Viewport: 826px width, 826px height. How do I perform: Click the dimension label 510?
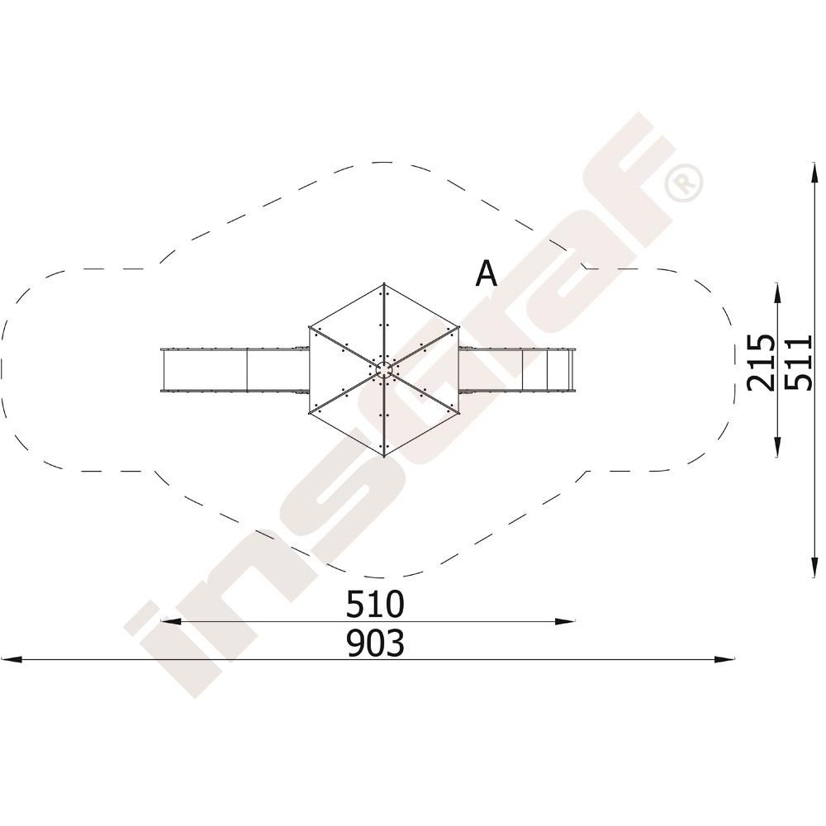click(x=375, y=604)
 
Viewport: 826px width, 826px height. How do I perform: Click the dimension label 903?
click(x=376, y=643)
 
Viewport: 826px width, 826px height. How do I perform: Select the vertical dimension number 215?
click(x=762, y=363)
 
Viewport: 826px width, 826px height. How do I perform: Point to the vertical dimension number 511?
click(x=799, y=363)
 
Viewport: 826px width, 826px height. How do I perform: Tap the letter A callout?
click(x=486, y=273)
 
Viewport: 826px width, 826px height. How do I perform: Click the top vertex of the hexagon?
click(x=384, y=284)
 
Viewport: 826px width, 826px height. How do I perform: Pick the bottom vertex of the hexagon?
click(x=384, y=456)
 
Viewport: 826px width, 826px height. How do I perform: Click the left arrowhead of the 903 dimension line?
click(x=12, y=659)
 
